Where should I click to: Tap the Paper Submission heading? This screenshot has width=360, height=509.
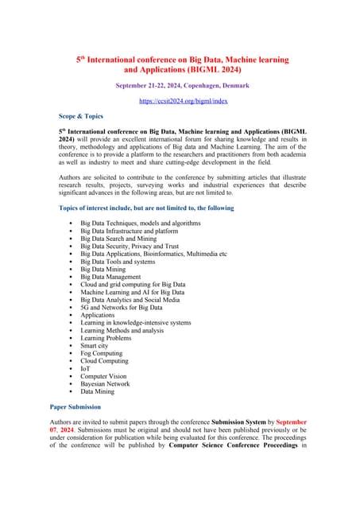click(x=84, y=406)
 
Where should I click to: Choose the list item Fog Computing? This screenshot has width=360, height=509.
click(x=102, y=353)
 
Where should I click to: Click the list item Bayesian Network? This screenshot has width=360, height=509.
click(x=110, y=383)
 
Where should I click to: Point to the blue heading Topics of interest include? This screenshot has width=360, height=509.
click(x=147, y=208)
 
